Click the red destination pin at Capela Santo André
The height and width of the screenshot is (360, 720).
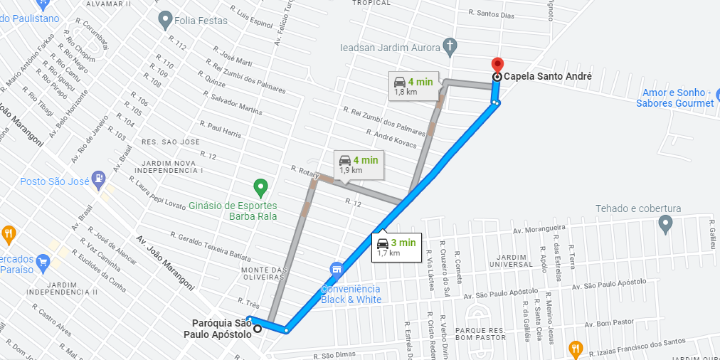497,64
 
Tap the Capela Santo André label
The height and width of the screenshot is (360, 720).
547,76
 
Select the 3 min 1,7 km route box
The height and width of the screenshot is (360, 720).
396,247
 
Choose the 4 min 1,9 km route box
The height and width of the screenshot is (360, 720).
359,164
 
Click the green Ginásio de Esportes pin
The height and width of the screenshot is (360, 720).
261,187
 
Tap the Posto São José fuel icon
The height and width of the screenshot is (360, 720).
98,180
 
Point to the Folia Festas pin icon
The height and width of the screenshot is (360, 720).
166,19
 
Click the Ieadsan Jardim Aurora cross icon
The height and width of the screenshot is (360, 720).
450,46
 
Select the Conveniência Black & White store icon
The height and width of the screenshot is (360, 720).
336,270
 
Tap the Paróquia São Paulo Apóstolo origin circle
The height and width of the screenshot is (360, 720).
257,328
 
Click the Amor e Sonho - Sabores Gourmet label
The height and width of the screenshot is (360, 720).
675,98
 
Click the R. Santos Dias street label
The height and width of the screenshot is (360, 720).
491,14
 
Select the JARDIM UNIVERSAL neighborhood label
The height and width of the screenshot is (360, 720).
511,261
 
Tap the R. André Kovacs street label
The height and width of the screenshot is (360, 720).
391,139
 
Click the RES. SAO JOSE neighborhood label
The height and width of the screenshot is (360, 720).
171,142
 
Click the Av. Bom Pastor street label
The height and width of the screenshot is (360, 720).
609,323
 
